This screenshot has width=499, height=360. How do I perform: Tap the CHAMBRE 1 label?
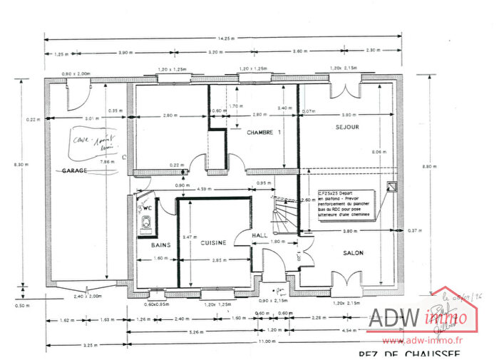point(264,133)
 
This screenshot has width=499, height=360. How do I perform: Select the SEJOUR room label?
point(347,127)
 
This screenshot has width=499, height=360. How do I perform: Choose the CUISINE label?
point(212,244)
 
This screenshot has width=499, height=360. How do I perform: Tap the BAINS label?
point(160,245)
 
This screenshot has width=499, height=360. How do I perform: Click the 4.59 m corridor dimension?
point(202,189)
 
